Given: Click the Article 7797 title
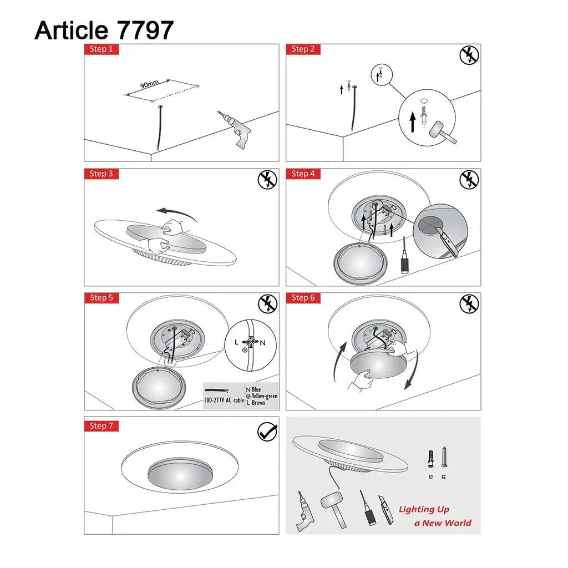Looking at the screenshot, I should coord(104,30).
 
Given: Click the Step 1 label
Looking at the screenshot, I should coord(101,49).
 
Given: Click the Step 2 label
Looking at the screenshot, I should coord(303,49).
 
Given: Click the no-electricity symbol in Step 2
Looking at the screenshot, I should coord(469,55).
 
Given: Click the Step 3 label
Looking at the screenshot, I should coord(101,174).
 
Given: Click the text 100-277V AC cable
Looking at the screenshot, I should coord(224,399).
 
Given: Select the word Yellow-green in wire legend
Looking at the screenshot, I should coord(264,396).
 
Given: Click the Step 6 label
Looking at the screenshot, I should coord(303,298).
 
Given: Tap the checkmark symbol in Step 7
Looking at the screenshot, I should coord(267,432).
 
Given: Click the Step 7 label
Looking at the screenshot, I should coord(101,426).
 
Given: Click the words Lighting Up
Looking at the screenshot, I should coord(424,509).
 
